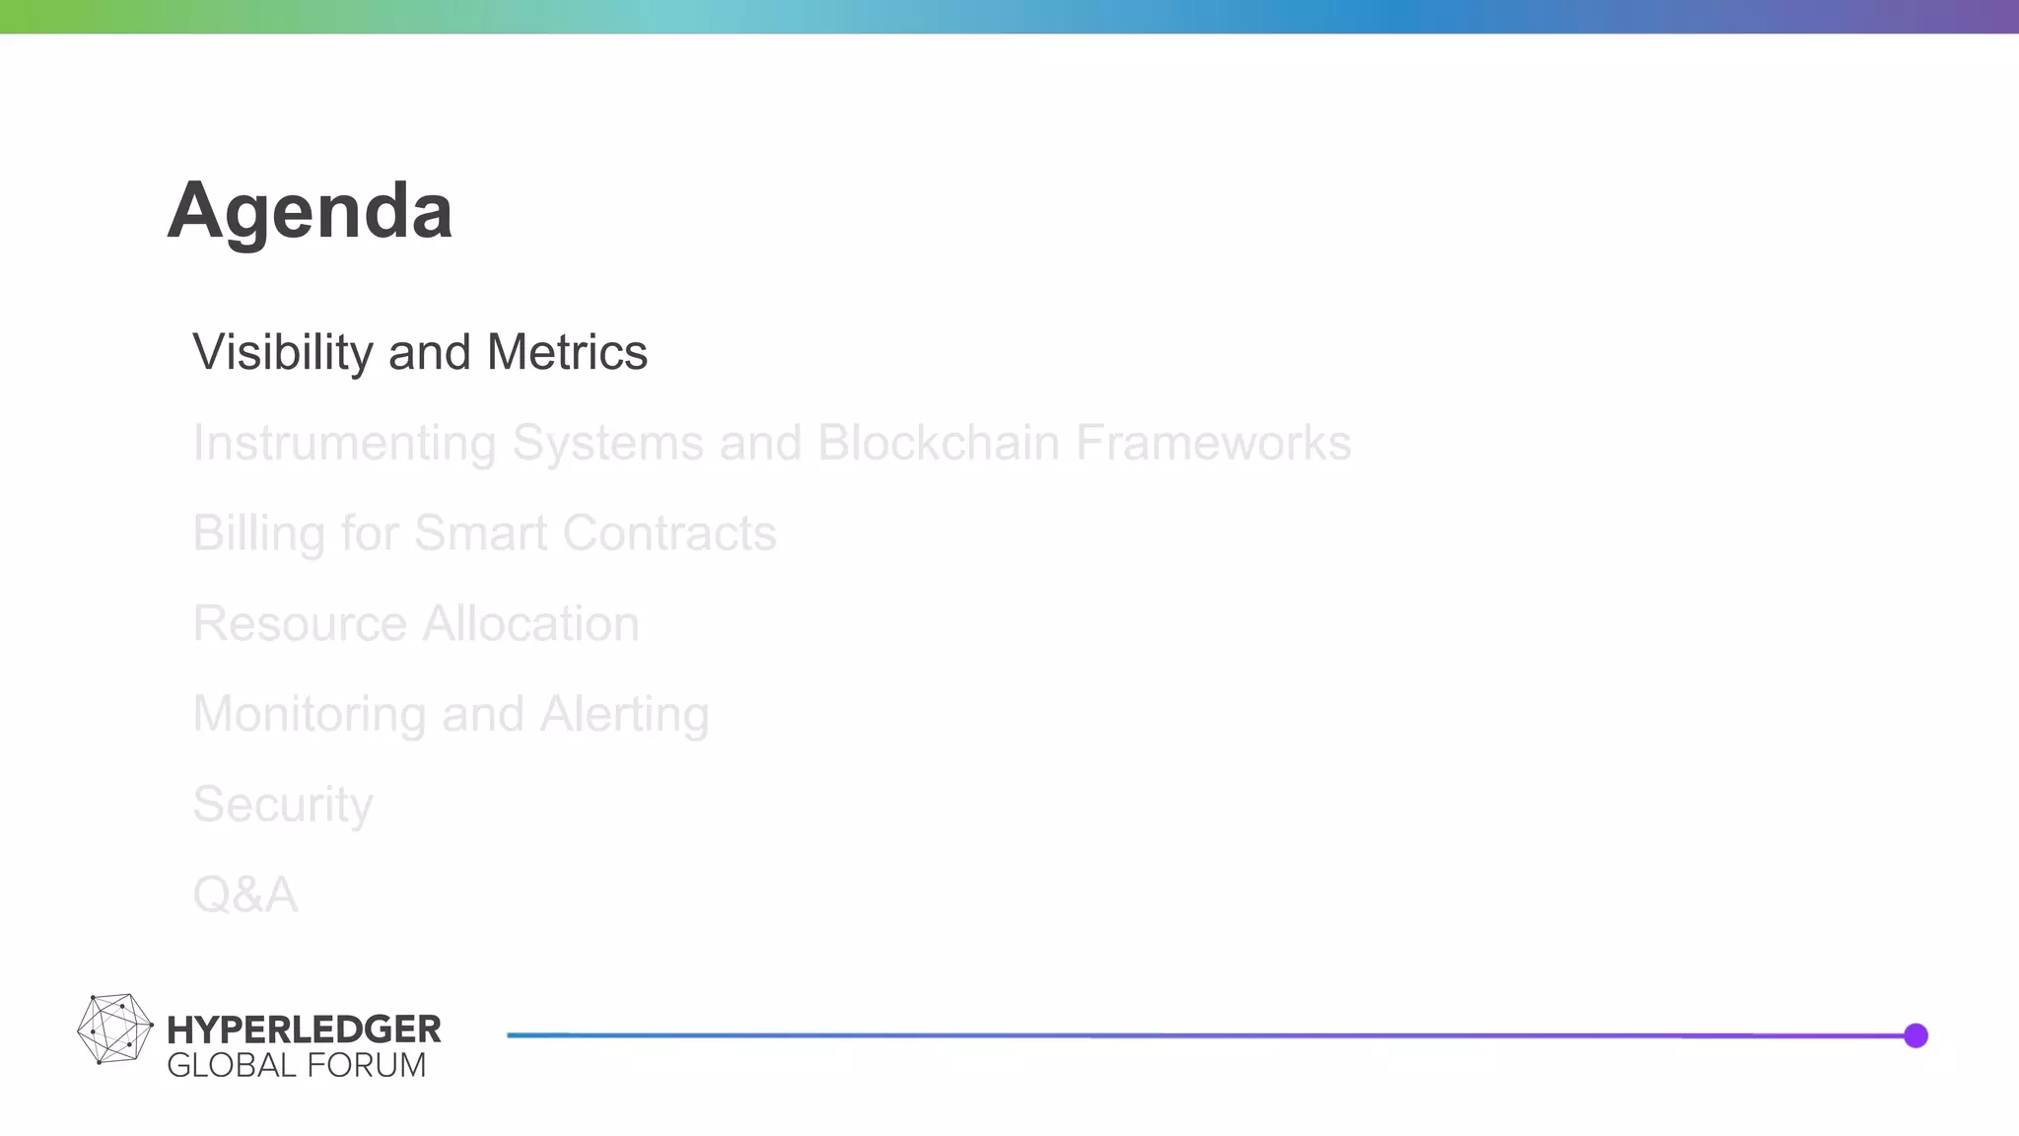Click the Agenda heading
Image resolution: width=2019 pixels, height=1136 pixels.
point(310,210)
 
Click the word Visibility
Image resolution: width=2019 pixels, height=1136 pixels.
point(282,353)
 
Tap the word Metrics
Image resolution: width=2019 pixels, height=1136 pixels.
point(567,353)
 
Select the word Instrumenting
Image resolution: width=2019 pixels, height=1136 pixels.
point(344,443)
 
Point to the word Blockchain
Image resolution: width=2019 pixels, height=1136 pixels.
point(938,443)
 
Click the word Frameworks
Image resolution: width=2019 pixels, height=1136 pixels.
point(1213,443)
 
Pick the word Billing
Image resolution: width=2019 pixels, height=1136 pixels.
point(258,533)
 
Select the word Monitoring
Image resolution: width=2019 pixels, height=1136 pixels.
point(309,715)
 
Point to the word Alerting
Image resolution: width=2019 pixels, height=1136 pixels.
point(624,715)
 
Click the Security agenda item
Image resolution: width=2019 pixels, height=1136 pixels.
point(283,805)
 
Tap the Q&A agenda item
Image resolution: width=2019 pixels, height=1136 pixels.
point(245,895)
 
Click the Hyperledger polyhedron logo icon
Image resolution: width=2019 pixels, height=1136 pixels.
point(114,1029)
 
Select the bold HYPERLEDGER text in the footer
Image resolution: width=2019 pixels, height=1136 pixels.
point(304,1029)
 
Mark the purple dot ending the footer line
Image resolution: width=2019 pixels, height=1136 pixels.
point(1915,1035)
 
